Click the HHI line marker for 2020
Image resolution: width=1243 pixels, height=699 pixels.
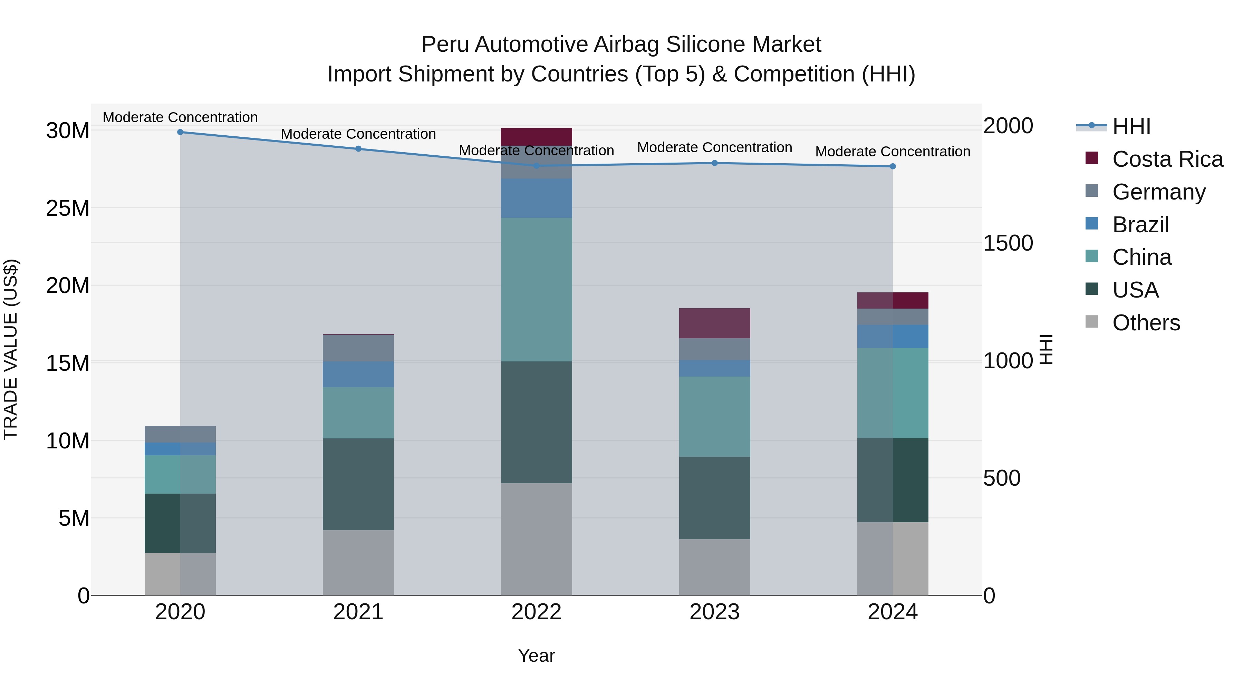click(x=180, y=132)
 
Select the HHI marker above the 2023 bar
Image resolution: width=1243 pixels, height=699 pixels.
click(x=715, y=163)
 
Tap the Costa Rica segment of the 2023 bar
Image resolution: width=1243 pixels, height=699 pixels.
click(x=715, y=323)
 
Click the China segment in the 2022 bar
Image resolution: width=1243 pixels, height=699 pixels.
click(x=536, y=290)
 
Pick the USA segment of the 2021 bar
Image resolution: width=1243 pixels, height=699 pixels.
click(x=358, y=484)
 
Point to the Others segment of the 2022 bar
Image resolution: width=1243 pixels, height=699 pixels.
click(x=536, y=539)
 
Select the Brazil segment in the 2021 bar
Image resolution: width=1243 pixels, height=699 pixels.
click(x=358, y=374)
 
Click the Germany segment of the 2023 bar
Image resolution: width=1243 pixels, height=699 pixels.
click(x=715, y=349)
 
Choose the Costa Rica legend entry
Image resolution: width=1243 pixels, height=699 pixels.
click(x=1167, y=159)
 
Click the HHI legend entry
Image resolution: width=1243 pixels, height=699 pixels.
click(x=1131, y=126)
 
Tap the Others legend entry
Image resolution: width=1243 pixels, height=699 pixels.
click(x=1146, y=323)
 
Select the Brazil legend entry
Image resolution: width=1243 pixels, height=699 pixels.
click(x=1140, y=225)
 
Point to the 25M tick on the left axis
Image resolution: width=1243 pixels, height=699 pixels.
click(x=68, y=208)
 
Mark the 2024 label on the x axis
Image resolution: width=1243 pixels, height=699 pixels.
click(x=892, y=612)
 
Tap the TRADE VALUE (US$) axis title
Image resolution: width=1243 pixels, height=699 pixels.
click(x=11, y=349)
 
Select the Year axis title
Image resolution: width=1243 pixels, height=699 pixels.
click(x=536, y=656)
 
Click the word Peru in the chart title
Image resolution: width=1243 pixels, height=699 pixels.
click(x=444, y=45)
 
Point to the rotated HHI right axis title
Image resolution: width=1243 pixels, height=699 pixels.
click(x=1045, y=349)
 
